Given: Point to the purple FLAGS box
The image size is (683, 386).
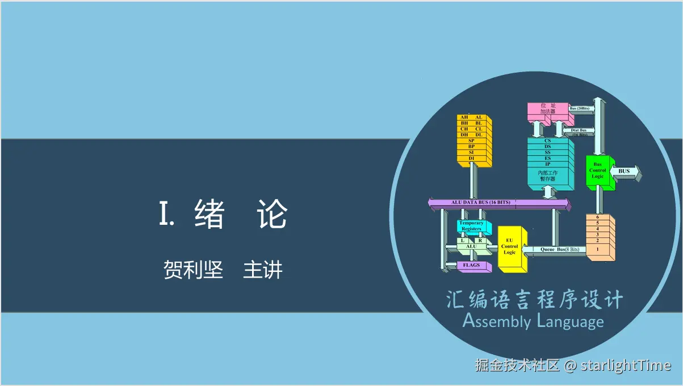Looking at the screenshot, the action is pos(471,265).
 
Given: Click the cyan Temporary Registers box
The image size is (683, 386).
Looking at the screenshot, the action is pos(471,226).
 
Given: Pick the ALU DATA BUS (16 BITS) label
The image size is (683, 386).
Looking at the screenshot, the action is pos(480,203).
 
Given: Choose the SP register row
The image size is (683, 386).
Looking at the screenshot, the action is pos(471,140).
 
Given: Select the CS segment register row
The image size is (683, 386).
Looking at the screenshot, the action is pos(547,140).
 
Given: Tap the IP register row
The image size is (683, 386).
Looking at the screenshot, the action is pos(547,164).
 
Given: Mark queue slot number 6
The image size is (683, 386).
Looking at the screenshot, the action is pos(597,217).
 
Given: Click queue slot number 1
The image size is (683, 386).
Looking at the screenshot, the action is pos(597,249).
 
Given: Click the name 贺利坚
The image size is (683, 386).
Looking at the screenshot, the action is pos(193,270).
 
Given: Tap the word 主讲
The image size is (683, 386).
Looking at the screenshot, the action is pos(262,270).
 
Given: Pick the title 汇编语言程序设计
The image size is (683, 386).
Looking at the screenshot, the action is pos(534,300).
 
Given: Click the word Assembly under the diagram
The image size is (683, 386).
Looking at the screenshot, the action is pos(496,322).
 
